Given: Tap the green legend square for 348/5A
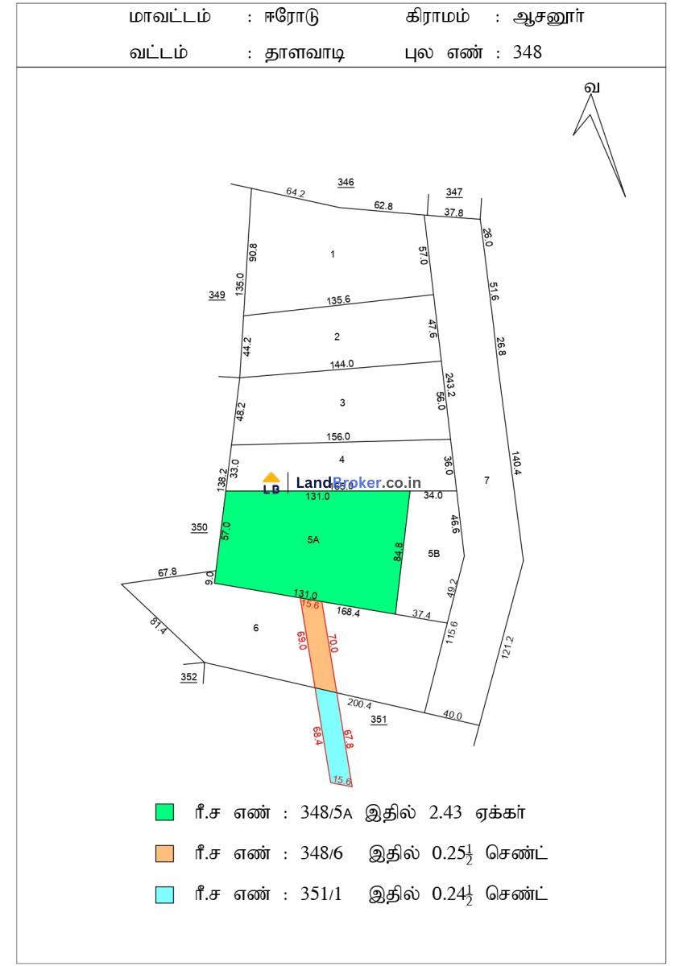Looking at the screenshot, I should [164, 812].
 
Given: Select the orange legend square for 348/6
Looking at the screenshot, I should [164, 853].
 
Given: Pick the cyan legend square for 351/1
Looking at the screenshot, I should [164, 894].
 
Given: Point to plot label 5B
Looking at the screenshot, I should [434, 553].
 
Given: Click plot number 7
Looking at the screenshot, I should [486, 480].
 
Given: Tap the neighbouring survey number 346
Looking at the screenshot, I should [346, 183].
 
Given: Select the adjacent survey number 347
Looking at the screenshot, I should [454, 192].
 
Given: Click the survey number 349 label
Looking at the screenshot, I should [217, 295].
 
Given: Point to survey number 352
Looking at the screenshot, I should [188, 678].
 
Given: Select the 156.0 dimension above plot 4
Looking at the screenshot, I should [338, 437].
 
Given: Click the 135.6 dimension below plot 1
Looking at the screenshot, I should [338, 300].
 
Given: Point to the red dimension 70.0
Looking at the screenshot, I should [332, 643].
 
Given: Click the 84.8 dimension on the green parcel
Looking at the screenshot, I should [398, 551].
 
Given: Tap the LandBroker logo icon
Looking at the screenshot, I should [272, 483].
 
